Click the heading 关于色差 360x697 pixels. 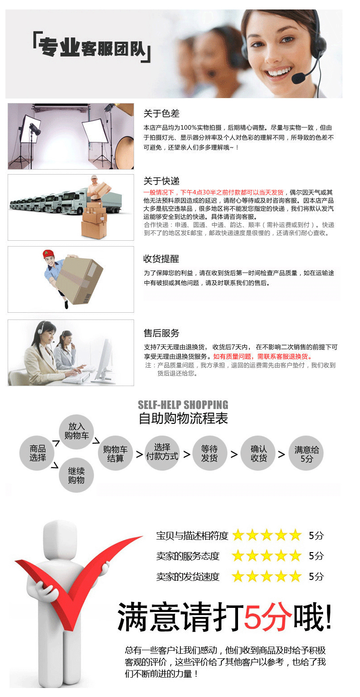[x=161, y=113]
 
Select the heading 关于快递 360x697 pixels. [x=161, y=181]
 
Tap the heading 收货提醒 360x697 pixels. [x=161, y=259]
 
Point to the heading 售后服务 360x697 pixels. [x=161, y=333]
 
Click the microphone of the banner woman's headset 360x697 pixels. [x=298, y=79]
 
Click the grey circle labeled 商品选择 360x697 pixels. [x=38, y=453]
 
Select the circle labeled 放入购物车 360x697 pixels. [x=76, y=431]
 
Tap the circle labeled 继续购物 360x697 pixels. [x=76, y=475]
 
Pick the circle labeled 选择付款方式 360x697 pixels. [x=162, y=452]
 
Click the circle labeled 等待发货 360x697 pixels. [x=209, y=453]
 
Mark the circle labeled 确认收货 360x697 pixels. [x=259, y=453]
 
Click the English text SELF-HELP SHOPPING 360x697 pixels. [x=183, y=405]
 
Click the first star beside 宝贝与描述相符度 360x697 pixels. [x=238, y=535]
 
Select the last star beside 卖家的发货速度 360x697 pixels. [x=295, y=576]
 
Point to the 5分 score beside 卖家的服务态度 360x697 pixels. [x=316, y=556]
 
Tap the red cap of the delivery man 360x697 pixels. [x=47, y=254]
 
